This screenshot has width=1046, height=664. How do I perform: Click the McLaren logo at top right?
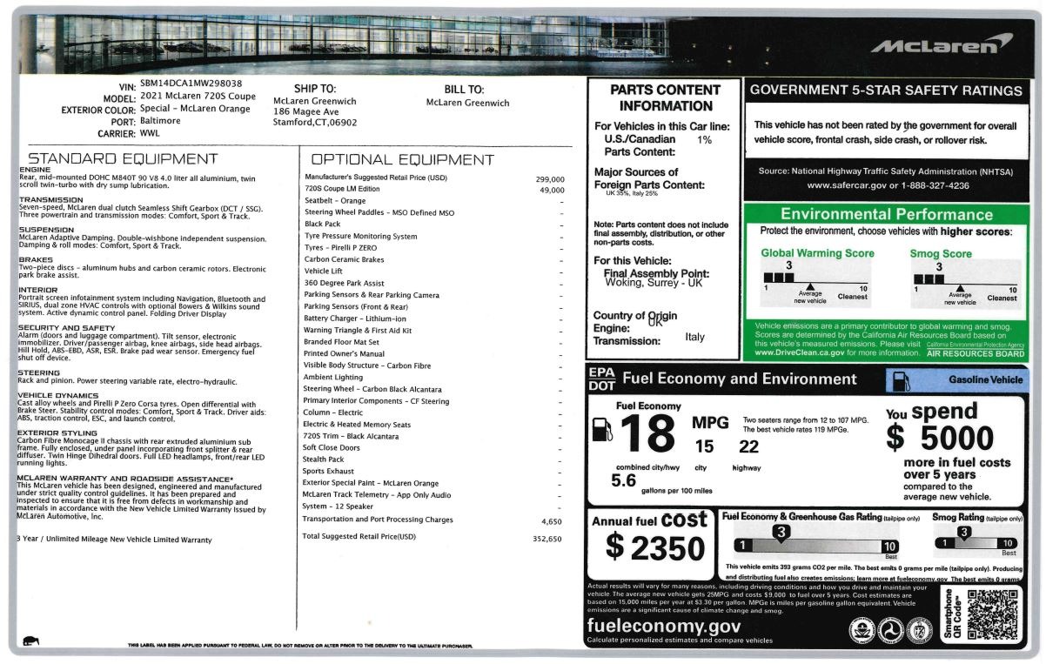(941, 44)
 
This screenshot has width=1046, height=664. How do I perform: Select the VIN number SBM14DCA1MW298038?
(191, 84)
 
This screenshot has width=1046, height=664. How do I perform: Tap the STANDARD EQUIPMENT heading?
(123, 159)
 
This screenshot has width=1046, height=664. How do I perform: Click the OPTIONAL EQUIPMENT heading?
(402, 160)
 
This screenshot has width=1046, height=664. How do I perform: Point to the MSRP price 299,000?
(550, 178)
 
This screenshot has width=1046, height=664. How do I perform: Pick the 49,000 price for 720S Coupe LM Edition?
(553, 190)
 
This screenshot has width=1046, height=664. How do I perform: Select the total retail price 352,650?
(547, 537)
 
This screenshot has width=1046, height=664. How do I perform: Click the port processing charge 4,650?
(553, 520)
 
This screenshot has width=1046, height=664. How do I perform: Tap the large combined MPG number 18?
(648, 433)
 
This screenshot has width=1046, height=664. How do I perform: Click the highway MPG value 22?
(748, 446)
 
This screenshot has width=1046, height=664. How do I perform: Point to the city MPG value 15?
(704, 446)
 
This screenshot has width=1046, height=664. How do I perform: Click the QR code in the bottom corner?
(993, 615)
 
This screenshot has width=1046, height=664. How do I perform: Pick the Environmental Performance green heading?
(887, 214)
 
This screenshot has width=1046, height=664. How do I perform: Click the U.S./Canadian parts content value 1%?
(704, 139)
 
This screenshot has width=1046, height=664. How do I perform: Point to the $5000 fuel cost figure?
(940, 437)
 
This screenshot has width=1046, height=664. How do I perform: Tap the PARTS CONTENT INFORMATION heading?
(664, 97)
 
